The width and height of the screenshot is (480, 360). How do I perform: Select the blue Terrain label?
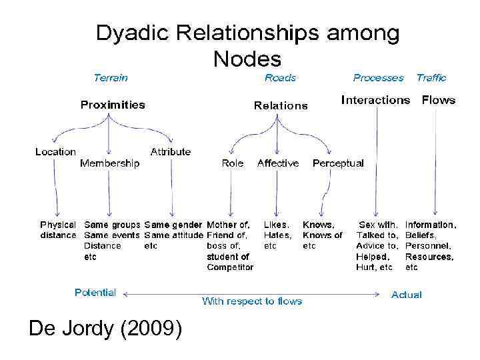111,77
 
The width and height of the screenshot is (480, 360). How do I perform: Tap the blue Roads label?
280,77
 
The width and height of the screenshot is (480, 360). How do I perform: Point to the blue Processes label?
378,77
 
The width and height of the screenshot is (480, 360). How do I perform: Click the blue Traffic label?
431,77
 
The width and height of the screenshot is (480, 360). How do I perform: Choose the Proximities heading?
113,105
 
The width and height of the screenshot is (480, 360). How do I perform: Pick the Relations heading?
281,105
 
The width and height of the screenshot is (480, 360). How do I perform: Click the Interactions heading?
375,100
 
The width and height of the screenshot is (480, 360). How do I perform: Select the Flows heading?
439,100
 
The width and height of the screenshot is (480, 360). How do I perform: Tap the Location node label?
55,152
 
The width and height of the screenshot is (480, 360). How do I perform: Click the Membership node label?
110,163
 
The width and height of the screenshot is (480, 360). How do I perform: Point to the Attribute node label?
170,152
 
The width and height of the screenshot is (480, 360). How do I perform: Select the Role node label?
233,163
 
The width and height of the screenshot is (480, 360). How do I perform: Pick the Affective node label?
278,163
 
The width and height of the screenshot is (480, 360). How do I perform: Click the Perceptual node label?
338,163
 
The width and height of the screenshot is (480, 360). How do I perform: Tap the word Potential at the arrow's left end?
95,293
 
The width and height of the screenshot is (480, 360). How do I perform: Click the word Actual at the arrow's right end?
406,294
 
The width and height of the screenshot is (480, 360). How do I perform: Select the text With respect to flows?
252,301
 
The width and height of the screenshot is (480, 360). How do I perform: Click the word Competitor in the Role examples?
230,267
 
